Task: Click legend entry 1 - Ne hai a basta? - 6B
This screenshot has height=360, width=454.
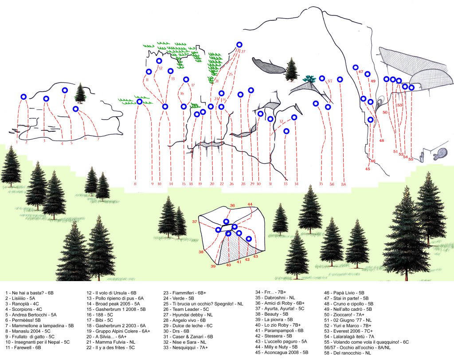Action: (29, 293)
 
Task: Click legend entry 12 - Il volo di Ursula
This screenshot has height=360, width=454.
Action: (112, 293)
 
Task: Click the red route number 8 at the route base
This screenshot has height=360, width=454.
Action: (135, 184)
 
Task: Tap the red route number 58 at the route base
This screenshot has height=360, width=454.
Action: (344, 184)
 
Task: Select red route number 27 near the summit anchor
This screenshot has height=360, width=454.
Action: (243, 51)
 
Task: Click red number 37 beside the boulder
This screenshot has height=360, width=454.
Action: (194, 221)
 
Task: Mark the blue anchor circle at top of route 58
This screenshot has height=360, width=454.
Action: (340, 79)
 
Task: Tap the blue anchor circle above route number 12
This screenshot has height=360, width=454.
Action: (160, 61)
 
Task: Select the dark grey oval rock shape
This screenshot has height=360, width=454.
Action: (269, 66)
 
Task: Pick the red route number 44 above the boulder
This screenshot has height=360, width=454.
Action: (250, 204)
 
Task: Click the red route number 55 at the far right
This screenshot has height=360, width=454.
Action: (411, 159)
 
